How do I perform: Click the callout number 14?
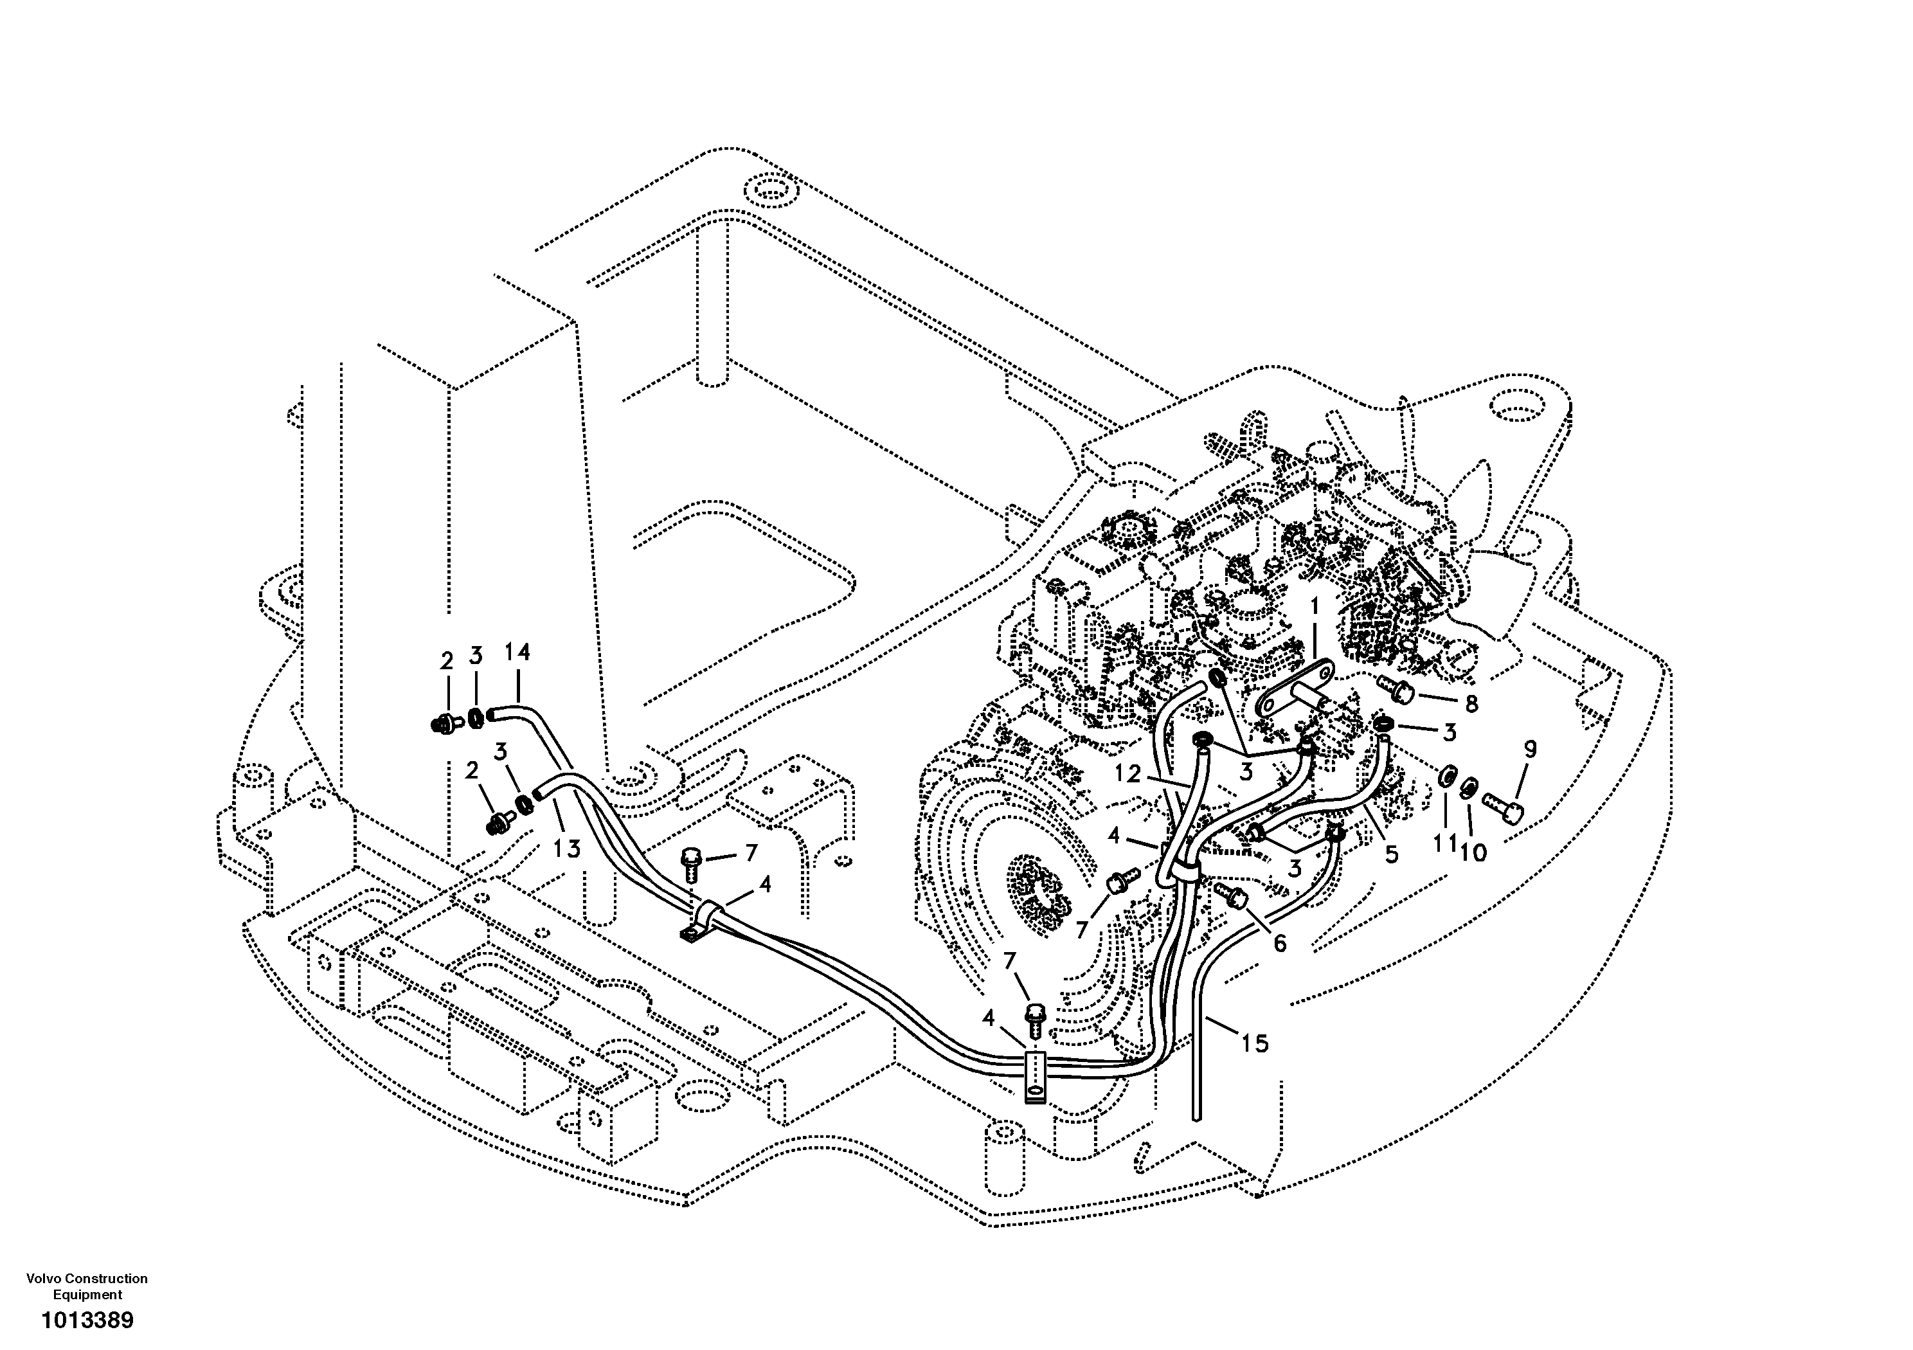pyautogui.click(x=517, y=652)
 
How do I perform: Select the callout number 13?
pyautogui.click(x=566, y=849)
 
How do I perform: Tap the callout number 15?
pyautogui.click(x=1255, y=1043)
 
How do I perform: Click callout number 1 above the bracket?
pyautogui.click(x=1314, y=607)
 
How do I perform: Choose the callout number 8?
pyautogui.click(x=1471, y=704)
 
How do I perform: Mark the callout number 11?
pyautogui.click(x=1446, y=843)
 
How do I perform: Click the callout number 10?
pyautogui.click(x=1473, y=853)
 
